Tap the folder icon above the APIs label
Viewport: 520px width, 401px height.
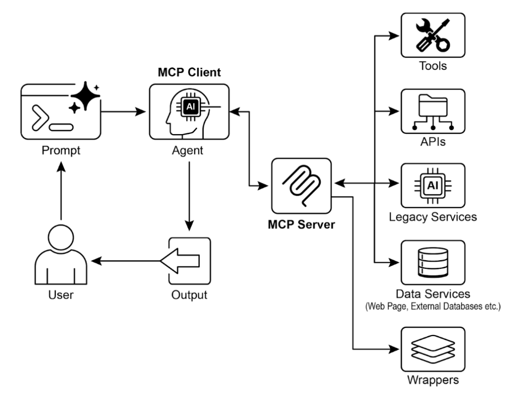[433, 111]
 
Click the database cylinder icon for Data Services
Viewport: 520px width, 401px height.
[433, 262]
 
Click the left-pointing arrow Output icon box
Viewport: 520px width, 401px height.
[189, 260]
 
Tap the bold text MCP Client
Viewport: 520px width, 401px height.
[189, 74]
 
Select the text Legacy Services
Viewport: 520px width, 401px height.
[433, 216]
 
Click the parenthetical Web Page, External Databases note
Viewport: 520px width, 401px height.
[433, 306]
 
